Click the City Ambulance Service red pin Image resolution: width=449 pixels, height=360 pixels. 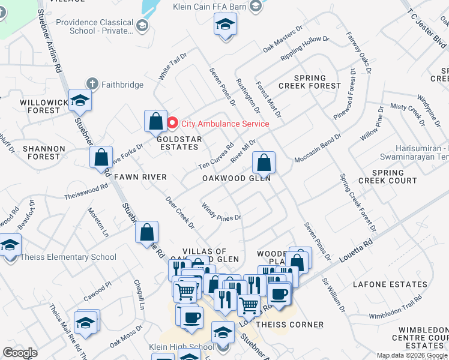click(x=173, y=124)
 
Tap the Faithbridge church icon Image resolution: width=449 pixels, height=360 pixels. click(x=92, y=84)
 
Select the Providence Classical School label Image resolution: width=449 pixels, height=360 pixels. click(x=95, y=26)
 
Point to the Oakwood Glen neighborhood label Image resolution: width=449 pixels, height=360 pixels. click(x=237, y=178)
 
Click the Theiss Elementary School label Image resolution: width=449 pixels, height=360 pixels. click(x=68, y=257)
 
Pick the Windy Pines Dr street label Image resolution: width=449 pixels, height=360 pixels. click(x=221, y=212)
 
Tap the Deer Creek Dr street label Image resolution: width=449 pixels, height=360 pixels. click(x=181, y=213)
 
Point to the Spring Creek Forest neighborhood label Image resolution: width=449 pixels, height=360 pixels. click(x=310, y=82)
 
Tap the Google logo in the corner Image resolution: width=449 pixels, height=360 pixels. click(x=20, y=352)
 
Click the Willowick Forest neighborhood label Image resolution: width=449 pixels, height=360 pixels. click(x=44, y=106)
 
